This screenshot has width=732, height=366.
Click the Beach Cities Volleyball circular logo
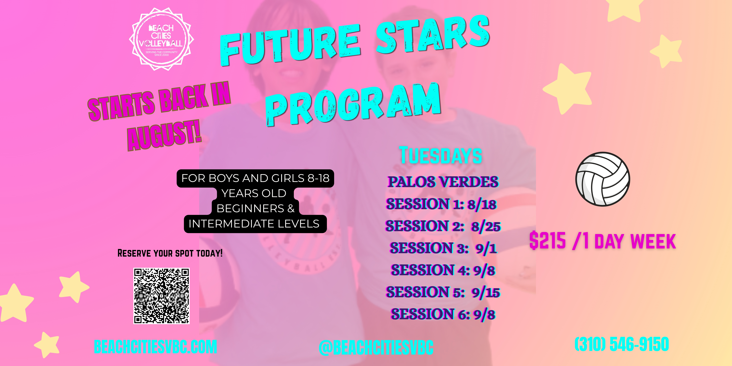[161, 39]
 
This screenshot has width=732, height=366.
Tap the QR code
[161, 296]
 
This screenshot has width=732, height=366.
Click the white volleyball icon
[603, 179]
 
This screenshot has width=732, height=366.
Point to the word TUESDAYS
[441, 155]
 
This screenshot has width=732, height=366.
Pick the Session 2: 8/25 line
[443, 226]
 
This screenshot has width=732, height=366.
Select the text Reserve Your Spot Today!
[170, 253]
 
